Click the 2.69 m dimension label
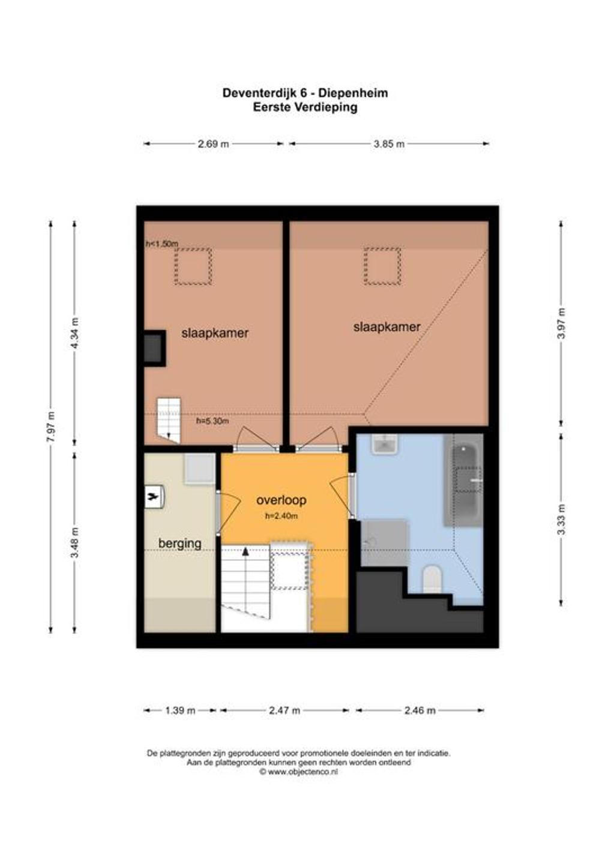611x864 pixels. click(213, 144)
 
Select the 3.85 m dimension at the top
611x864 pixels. click(389, 144)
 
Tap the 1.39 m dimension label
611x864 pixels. click(180, 710)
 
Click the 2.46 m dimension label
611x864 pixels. click(420, 710)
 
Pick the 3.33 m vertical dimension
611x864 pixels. click(561, 519)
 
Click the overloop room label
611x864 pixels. click(281, 500)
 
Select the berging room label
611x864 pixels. click(179, 544)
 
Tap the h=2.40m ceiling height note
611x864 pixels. click(281, 516)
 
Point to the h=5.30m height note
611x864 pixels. click(212, 421)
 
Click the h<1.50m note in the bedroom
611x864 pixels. click(162, 244)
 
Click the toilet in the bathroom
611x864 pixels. click(432, 579)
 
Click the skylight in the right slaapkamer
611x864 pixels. click(382, 266)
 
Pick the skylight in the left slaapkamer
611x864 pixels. click(193, 266)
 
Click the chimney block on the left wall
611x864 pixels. click(155, 348)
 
